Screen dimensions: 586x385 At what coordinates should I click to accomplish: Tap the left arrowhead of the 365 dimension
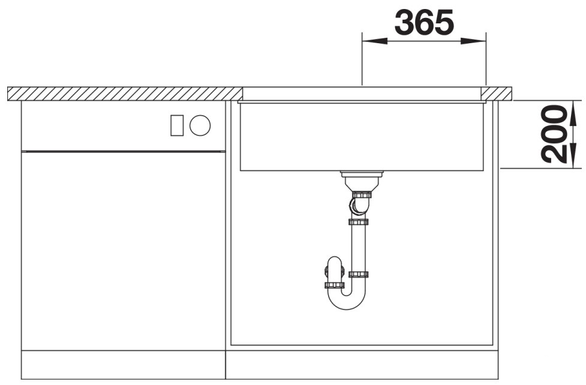[374, 41]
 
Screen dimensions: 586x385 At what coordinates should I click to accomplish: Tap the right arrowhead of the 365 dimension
[473, 41]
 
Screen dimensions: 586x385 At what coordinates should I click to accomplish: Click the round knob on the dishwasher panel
[200, 125]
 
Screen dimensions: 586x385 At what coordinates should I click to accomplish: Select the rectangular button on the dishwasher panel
[177, 125]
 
